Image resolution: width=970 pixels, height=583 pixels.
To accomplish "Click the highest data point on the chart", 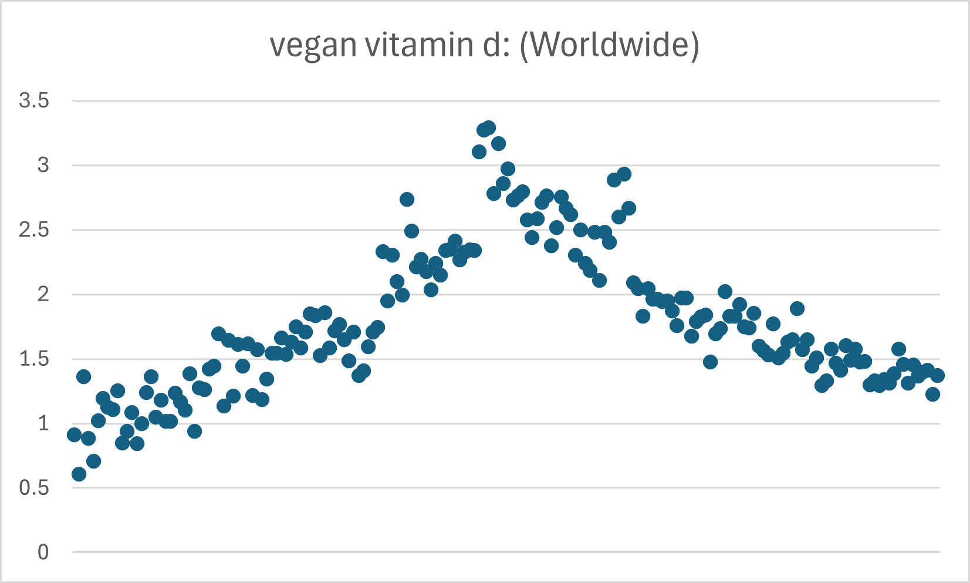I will coord(489,127).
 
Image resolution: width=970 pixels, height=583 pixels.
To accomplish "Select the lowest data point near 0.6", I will coord(79,474).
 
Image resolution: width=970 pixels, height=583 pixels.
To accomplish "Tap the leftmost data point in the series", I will coord(74,434).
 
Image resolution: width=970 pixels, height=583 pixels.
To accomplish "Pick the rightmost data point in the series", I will coord(937,375).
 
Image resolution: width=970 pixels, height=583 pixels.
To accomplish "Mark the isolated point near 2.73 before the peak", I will coord(407,199).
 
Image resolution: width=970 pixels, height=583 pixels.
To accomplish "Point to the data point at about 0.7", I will coord(93,461).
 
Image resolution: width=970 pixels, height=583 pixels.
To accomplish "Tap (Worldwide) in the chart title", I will coord(610,45).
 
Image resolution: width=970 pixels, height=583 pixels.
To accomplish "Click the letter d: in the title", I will coord(496,45).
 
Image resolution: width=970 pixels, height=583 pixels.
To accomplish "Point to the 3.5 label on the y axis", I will coord(34,100).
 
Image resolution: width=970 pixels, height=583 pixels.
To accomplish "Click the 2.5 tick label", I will coord(34,230).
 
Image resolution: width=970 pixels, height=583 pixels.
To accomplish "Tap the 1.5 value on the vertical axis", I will coord(34,359).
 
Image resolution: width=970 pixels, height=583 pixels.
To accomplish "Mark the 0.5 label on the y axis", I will coord(34,487).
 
